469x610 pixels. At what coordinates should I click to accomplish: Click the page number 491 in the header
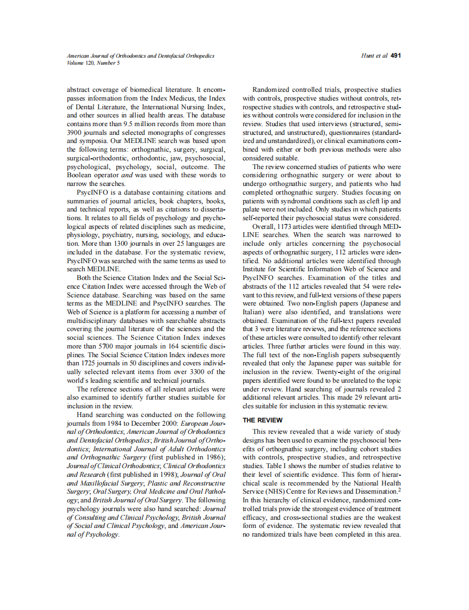pos(396,55)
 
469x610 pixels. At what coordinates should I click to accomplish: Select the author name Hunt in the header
pos(368,55)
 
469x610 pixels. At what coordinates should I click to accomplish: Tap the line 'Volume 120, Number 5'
pos(93,63)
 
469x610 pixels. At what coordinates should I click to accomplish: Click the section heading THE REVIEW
pos(263,420)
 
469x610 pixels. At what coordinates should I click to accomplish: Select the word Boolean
pos(81,175)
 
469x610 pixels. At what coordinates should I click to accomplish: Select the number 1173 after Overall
pos(287,227)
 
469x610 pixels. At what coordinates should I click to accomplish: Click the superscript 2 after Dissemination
pos(399,490)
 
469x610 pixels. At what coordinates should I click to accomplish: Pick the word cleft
pos(375,201)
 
